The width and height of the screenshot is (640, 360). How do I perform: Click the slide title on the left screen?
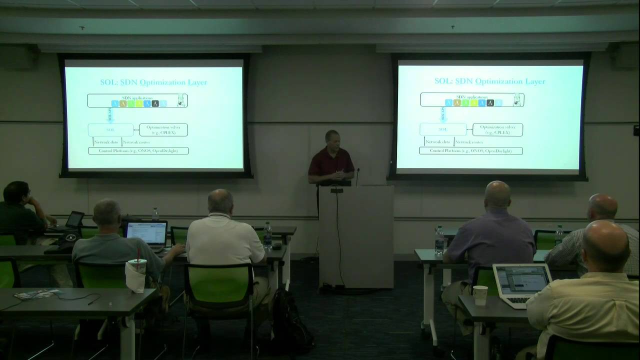(x=153, y=82)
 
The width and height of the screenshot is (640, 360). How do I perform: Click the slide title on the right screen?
(x=489, y=81)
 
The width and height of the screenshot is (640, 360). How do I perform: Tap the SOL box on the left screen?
(x=110, y=129)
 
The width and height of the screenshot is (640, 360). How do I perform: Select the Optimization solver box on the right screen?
(x=497, y=129)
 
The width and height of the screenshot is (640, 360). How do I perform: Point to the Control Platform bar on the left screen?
(x=138, y=150)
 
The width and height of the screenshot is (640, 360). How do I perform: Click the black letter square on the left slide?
(x=155, y=103)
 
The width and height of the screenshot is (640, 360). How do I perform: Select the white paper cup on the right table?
(x=480, y=295)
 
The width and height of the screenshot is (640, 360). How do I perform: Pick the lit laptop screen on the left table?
(x=146, y=233)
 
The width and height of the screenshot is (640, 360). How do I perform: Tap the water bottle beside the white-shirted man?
(x=267, y=235)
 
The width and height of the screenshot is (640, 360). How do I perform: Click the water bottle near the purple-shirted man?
(x=439, y=240)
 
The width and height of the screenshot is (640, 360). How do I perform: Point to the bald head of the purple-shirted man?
(x=497, y=195)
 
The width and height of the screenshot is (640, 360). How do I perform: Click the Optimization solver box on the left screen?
(x=163, y=129)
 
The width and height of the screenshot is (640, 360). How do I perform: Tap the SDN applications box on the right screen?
(x=472, y=99)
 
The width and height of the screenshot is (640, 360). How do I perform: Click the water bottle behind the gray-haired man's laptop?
(x=155, y=214)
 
